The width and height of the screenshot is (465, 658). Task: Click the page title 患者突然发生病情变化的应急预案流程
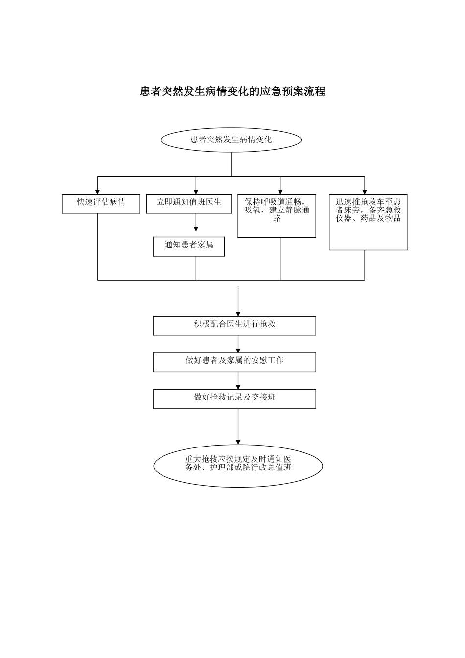232,92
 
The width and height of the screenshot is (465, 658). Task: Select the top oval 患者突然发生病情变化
231,140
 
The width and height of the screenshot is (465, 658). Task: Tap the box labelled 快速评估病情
101,204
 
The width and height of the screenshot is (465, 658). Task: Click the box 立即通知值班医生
189,204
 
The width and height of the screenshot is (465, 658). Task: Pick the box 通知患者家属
189,246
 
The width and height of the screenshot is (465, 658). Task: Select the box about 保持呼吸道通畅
277,216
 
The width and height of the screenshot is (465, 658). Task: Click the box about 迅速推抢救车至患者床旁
368,222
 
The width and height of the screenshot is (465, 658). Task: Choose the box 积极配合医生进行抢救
234,326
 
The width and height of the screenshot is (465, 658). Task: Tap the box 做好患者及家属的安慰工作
234,362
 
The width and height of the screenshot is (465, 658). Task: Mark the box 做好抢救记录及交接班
234,399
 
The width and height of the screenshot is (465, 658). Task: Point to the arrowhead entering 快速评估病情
98,191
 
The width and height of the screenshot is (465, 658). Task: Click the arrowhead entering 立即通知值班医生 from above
196,191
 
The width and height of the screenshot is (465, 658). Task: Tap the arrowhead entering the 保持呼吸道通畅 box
280,191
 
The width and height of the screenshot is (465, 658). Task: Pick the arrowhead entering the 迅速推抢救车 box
365,191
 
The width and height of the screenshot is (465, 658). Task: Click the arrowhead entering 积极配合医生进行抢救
238,313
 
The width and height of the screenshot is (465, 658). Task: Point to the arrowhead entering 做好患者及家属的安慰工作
238,350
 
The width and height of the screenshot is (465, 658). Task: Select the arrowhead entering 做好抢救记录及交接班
238,387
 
